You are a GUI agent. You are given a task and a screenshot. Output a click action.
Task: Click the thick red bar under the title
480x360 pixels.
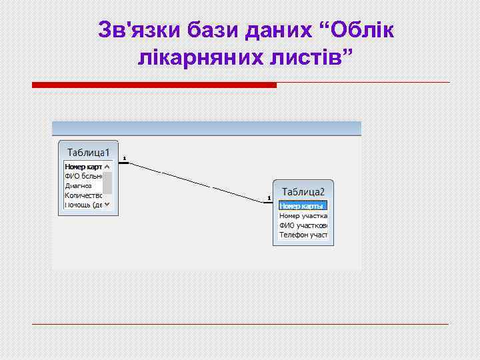(x=154, y=85)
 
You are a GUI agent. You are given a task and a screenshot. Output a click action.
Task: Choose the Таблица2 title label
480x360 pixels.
(x=303, y=191)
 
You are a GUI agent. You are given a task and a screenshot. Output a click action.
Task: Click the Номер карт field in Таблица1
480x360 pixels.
(x=83, y=166)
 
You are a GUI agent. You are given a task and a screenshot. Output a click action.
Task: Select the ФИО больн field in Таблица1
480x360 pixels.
(x=83, y=176)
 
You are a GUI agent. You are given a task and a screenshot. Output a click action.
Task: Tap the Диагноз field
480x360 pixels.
(x=79, y=185)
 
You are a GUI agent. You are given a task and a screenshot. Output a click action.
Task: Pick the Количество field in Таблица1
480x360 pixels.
(x=83, y=195)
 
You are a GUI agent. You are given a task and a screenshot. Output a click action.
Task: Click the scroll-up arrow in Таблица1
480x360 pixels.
(x=107, y=166)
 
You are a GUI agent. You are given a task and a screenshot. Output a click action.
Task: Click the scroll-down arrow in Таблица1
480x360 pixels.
(x=107, y=205)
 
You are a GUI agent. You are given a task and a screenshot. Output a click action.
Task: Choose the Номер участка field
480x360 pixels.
(x=303, y=216)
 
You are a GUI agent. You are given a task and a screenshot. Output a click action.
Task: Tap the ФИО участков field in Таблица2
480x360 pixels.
(x=303, y=226)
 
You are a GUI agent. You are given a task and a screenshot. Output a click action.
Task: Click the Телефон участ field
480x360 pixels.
(x=303, y=235)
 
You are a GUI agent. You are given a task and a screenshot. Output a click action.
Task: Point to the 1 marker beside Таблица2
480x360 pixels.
(x=269, y=198)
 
